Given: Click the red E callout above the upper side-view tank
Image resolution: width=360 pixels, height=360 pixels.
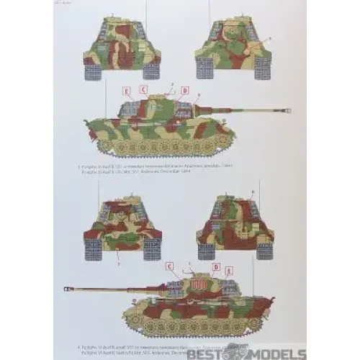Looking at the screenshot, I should point(127,91).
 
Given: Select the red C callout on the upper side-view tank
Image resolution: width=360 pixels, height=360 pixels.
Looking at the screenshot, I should point(143,91).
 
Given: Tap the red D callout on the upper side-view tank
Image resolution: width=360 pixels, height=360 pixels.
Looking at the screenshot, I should point(184,91).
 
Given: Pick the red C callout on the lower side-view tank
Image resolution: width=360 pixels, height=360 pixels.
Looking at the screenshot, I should point(170,266).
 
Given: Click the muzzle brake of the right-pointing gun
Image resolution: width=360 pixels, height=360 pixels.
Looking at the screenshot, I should point(287,111).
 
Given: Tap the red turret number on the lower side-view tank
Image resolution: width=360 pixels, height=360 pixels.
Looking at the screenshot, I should point(198,285).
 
